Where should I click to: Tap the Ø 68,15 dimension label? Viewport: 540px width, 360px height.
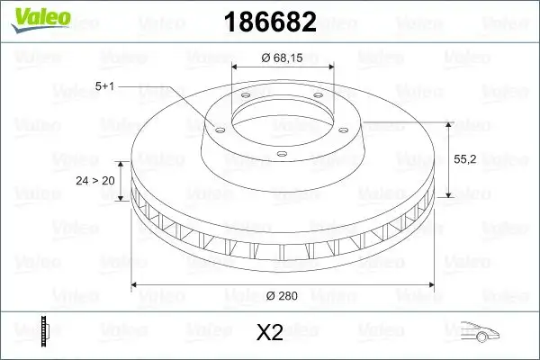[x=283, y=58]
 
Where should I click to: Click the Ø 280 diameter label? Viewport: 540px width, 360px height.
[x=283, y=294]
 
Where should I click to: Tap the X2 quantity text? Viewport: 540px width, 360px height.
[x=269, y=333]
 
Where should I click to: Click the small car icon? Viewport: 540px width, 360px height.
[x=481, y=333]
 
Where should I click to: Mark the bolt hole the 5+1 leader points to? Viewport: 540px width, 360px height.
[x=216, y=128]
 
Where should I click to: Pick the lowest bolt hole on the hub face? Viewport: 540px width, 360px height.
[x=281, y=155]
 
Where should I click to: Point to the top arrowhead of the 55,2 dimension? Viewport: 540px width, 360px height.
[x=447, y=124]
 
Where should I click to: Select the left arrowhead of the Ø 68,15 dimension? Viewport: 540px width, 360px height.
[x=236, y=67]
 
